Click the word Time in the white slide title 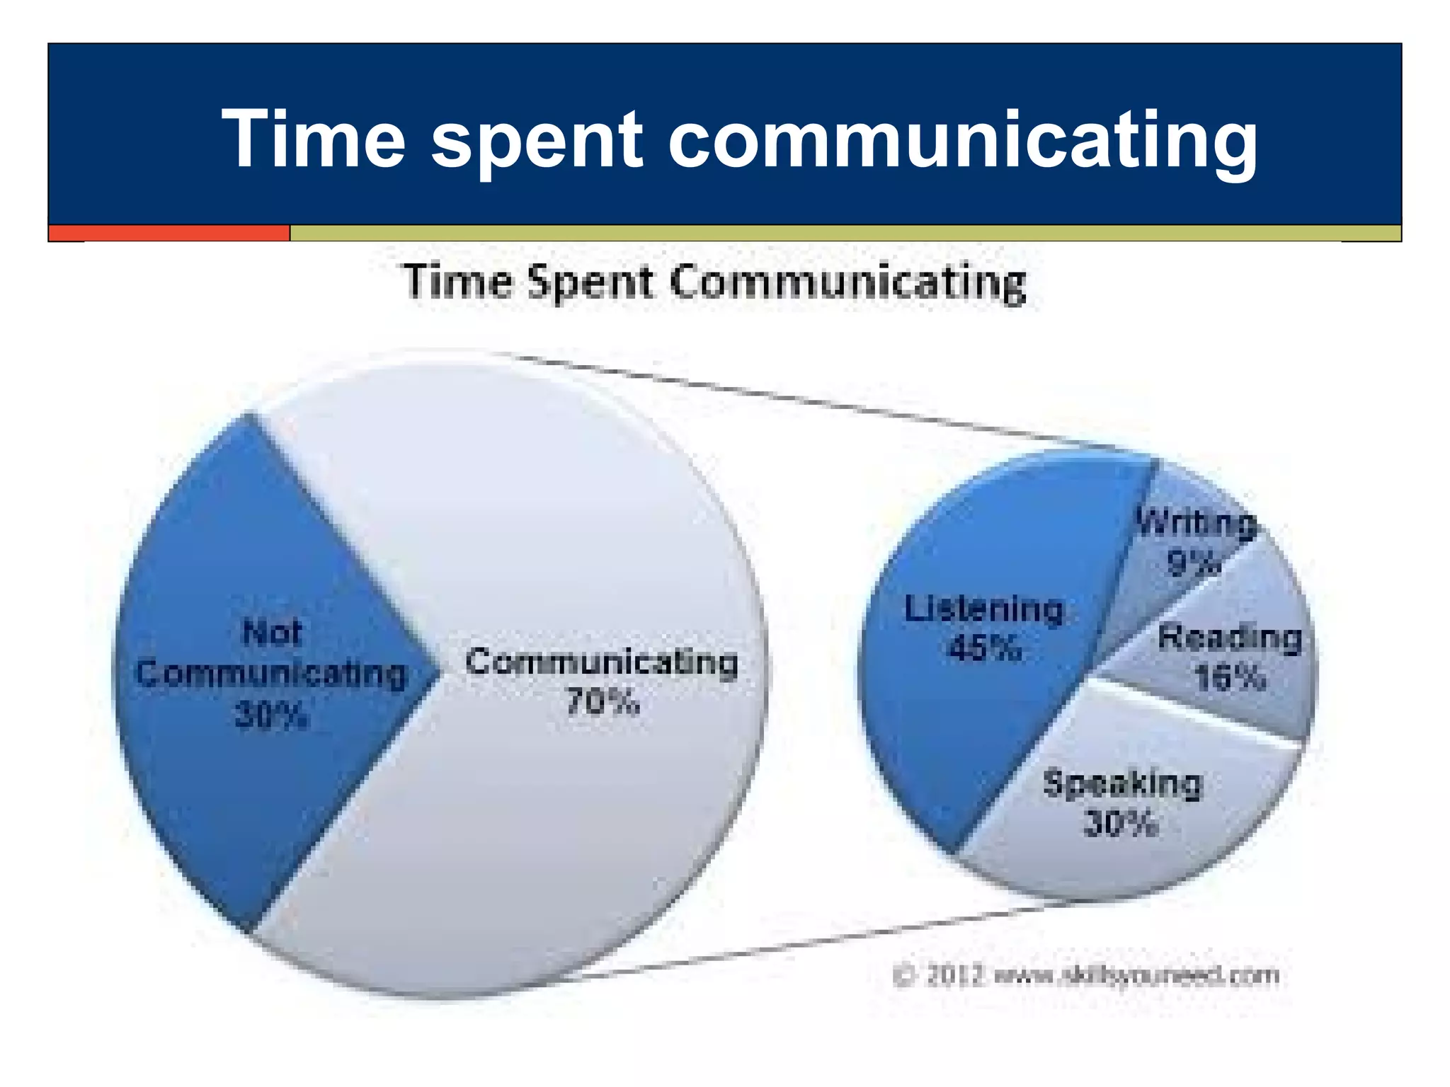click(313, 139)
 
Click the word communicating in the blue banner click(962, 140)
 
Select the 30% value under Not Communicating click(271, 715)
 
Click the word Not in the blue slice click(272, 632)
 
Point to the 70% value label click(603, 703)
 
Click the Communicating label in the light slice click(602, 662)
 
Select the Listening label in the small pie click(984, 609)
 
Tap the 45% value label click(985, 648)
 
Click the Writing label click(1196, 524)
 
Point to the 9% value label click(1194, 564)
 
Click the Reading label click(1230, 638)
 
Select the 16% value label click(1230, 678)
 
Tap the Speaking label click(1122, 784)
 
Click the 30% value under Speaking click(1121, 824)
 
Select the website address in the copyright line click(1137, 976)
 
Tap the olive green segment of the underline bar click(843, 233)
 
